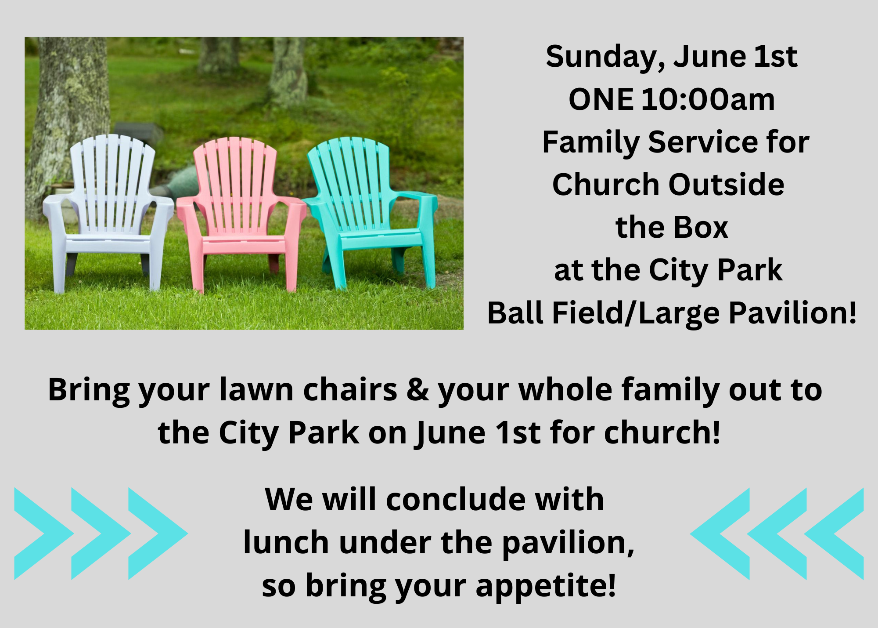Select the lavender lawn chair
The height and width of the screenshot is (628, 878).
tap(108, 211)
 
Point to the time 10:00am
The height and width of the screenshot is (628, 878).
tap(708, 99)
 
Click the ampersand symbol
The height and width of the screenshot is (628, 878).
tap(417, 390)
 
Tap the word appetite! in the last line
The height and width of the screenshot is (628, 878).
tap(546, 587)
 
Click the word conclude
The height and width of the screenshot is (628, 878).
tap(456, 500)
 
